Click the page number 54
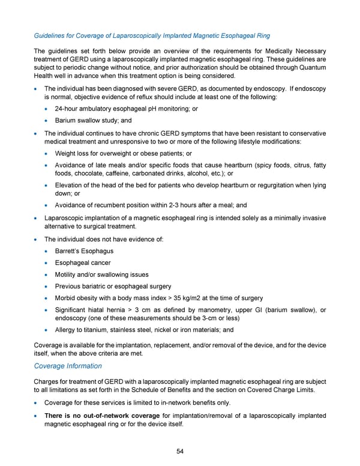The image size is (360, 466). coord(180,452)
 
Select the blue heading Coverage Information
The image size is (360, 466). coord(67,366)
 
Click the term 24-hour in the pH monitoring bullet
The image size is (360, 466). coord(68,109)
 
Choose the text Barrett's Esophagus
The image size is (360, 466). coord(84,250)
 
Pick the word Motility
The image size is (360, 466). coord(68,274)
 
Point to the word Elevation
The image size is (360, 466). coord(71,186)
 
